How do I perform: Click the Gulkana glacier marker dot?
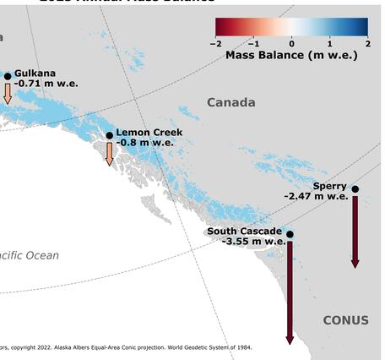click(8, 76)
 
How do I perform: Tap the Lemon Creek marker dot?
click(109, 135)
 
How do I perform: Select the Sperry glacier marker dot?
click(355, 188)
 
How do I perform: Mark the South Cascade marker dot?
click(290, 234)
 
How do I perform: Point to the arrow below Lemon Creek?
click(109, 153)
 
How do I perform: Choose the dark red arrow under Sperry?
click(355, 232)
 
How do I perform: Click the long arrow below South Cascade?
click(290, 292)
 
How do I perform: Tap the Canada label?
click(230, 102)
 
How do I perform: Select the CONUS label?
click(345, 320)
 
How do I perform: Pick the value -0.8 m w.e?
click(144, 143)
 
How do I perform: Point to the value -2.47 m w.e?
click(316, 196)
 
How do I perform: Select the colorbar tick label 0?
click(292, 43)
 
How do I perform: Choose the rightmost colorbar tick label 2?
click(367, 43)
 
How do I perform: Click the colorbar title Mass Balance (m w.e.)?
click(291, 55)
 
